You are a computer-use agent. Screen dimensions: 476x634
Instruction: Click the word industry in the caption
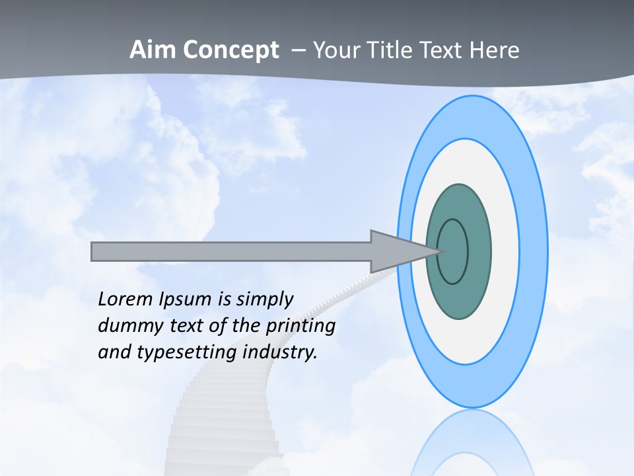tap(280, 352)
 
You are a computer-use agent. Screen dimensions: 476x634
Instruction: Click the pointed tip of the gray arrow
tap(441, 251)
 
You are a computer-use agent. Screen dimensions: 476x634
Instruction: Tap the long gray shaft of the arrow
tap(231, 251)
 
